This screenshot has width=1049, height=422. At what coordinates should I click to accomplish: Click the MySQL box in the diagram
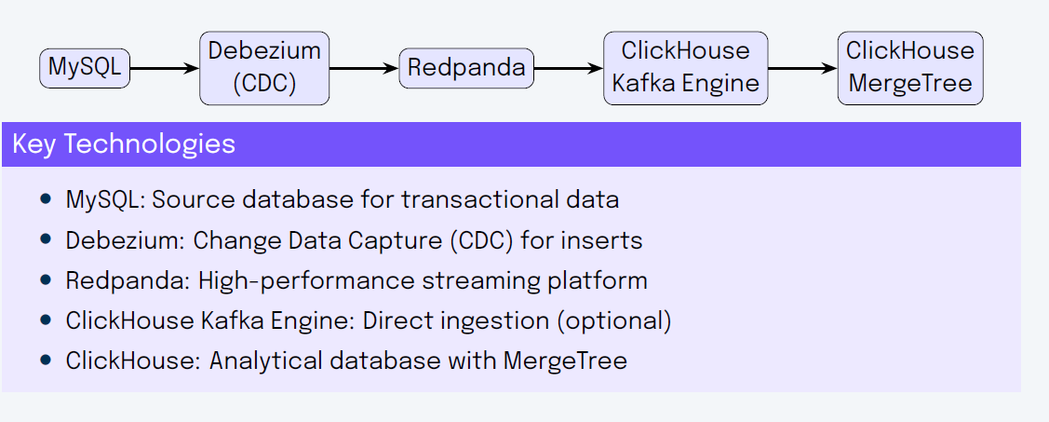click(85, 68)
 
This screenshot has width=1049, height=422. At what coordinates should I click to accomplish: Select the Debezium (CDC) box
click(264, 68)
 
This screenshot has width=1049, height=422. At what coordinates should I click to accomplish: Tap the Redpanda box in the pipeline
click(466, 68)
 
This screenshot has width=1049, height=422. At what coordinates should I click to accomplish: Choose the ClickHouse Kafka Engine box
click(685, 68)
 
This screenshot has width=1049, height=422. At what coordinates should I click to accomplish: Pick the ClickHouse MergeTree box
click(909, 68)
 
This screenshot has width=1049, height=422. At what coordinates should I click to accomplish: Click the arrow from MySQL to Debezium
click(165, 68)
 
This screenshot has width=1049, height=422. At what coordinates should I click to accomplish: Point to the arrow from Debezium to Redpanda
click(364, 68)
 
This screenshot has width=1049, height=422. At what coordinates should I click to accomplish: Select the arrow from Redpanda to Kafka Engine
click(569, 68)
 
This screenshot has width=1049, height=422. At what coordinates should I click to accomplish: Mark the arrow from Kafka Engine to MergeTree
click(802, 68)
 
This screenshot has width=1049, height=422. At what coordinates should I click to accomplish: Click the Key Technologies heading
click(124, 144)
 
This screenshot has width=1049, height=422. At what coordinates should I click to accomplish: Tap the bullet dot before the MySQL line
click(46, 199)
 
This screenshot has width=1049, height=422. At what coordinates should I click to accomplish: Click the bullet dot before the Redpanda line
click(46, 279)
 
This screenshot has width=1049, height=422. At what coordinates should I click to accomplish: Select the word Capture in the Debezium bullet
click(397, 240)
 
